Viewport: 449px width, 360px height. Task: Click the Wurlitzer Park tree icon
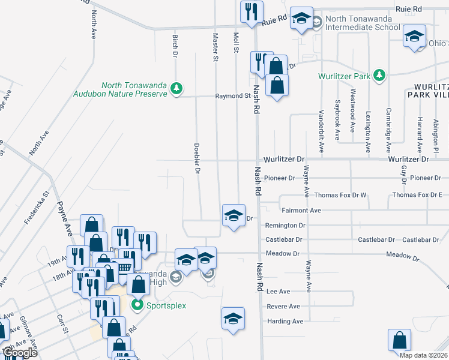pyautogui.click(x=379, y=76)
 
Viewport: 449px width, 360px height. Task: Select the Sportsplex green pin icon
pyautogui.click(x=137, y=305)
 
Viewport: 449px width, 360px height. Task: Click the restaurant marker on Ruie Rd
pyautogui.click(x=250, y=12)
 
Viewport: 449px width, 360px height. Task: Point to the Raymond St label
pyautogui.click(x=233, y=96)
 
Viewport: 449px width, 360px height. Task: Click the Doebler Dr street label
pyautogui.click(x=196, y=158)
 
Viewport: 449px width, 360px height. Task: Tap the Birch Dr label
pyautogui.click(x=175, y=46)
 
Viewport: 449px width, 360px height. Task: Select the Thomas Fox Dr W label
pyautogui.click(x=340, y=195)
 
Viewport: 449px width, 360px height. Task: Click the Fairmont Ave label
pyautogui.click(x=301, y=211)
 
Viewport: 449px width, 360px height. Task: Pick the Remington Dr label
pyautogui.click(x=286, y=226)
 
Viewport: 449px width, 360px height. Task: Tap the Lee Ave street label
pyautogui.click(x=278, y=292)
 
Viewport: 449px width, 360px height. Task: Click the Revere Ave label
pyautogui.click(x=283, y=307)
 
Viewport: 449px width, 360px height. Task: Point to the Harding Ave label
pyautogui.click(x=285, y=322)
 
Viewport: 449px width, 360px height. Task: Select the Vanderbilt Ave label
pyautogui.click(x=321, y=130)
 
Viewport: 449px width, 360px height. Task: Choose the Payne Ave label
pyautogui.click(x=64, y=217)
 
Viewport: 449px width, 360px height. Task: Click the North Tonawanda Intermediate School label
pyautogui.click(x=362, y=23)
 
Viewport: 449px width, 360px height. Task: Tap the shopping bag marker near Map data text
pyautogui.click(x=400, y=340)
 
